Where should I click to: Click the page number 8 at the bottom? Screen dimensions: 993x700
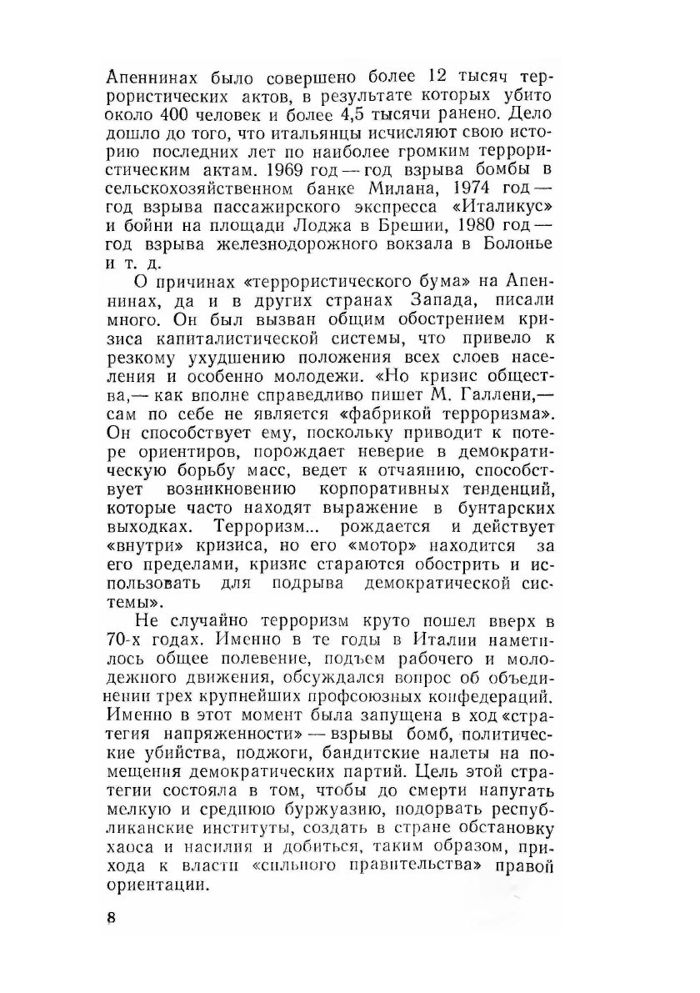112,919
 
